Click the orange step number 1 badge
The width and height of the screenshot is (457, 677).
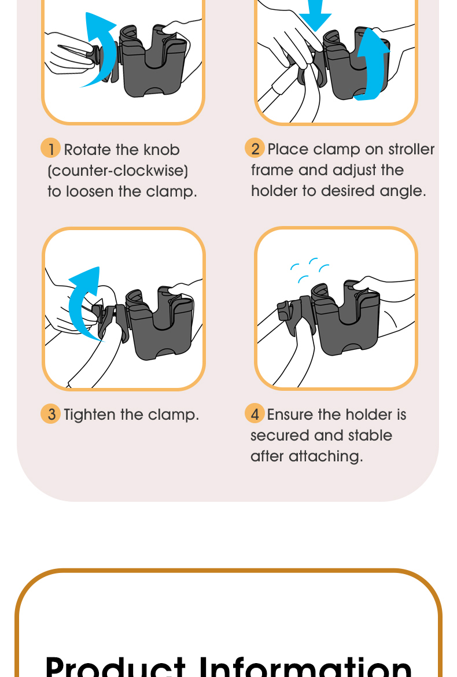(x=50, y=148)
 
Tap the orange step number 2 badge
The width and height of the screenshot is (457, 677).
(x=255, y=147)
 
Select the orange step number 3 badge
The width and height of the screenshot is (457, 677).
(x=50, y=413)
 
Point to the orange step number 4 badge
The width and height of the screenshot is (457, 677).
(x=255, y=413)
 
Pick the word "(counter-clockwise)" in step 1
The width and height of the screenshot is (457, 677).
(x=117, y=171)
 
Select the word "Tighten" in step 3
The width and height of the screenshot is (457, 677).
(x=90, y=415)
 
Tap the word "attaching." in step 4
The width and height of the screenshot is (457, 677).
(x=326, y=456)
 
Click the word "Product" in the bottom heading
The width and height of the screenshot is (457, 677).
(x=115, y=666)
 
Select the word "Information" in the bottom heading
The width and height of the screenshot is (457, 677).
(x=305, y=666)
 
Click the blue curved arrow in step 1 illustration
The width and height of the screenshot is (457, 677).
(x=99, y=50)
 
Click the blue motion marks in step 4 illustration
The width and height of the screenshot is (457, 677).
(x=309, y=270)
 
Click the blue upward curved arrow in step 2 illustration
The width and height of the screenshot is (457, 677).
(x=373, y=65)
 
